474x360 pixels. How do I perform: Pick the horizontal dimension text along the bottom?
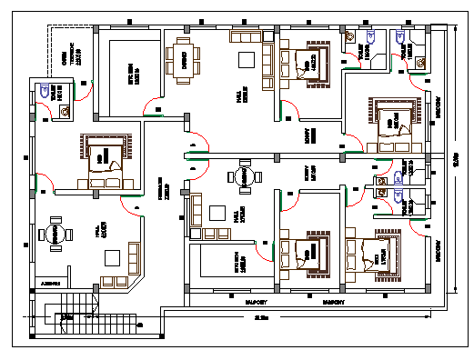point(262,317)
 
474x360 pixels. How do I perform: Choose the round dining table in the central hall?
point(243,176)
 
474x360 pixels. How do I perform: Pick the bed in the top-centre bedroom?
point(307,61)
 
